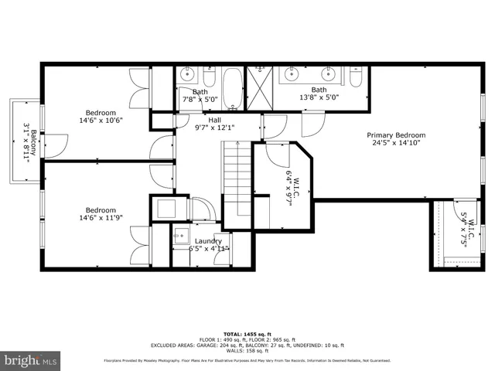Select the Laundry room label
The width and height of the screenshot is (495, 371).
[208, 241]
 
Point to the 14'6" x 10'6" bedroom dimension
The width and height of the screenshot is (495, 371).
[101, 121]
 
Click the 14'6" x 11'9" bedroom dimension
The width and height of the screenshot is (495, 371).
[101, 219]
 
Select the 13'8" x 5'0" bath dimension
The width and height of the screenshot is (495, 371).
[319, 98]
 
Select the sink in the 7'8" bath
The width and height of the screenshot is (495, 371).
[187, 76]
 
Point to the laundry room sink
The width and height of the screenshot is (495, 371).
[181, 237]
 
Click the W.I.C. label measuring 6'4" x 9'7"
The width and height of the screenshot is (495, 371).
[292, 185]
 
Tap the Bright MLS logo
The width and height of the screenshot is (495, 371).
[31, 360]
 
